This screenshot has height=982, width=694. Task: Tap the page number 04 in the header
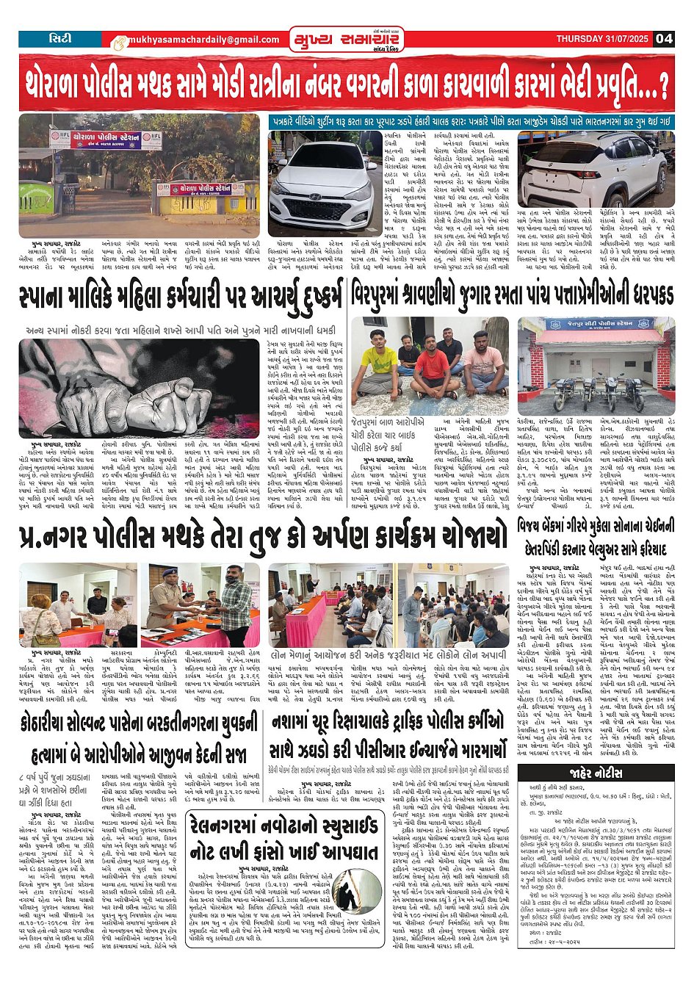coord(664,39)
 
